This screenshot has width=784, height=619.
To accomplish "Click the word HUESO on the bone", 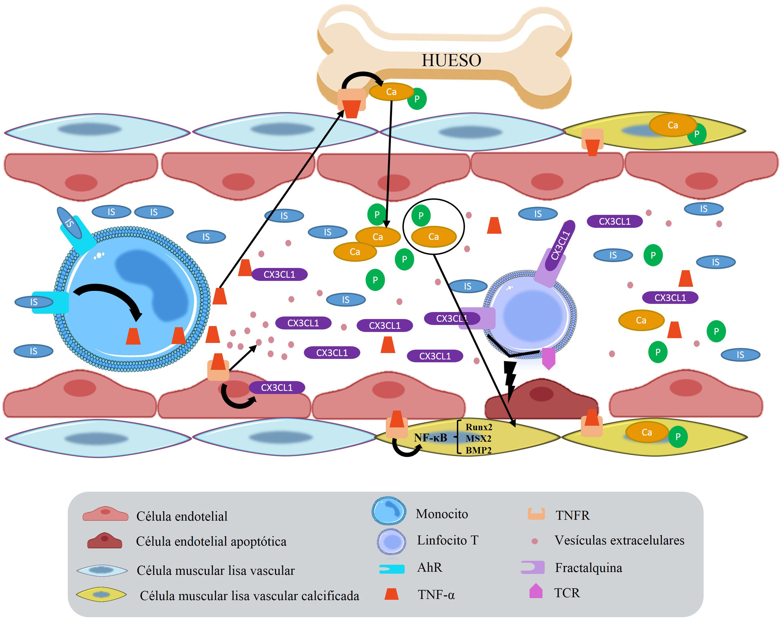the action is point(451,60).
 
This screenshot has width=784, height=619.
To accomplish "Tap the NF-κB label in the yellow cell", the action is point(430,437).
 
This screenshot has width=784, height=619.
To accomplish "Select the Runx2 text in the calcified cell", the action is point(479,427).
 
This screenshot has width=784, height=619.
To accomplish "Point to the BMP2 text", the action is point(478,450).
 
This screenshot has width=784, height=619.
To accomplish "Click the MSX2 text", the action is point(478,439).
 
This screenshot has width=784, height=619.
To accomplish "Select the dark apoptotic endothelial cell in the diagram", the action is point(541,399).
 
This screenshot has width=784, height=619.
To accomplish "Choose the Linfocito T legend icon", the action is point(391,542).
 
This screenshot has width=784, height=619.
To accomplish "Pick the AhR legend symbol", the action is point(392,569).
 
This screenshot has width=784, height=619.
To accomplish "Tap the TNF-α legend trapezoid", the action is point(391,594).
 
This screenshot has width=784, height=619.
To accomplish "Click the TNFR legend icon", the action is point(536,514).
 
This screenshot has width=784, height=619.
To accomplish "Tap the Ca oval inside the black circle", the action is point(434,237).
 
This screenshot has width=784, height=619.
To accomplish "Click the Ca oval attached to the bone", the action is point(391,92).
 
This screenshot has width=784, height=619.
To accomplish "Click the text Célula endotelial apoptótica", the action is point(211,541).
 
